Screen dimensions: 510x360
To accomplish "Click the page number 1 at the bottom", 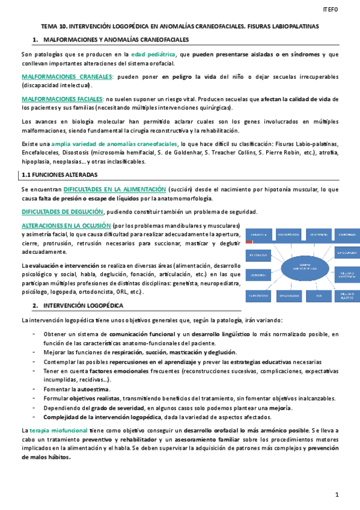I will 337,494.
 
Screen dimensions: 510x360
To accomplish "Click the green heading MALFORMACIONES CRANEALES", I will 67,77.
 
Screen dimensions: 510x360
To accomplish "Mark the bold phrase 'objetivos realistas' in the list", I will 94,399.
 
